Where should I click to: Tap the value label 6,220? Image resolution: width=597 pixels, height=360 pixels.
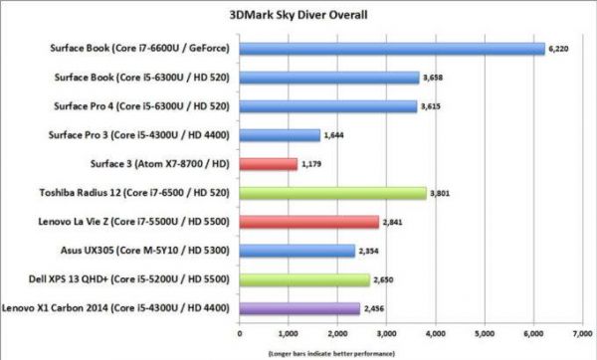tap(559, 48)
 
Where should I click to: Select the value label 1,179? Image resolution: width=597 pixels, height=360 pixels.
tap(312, 164)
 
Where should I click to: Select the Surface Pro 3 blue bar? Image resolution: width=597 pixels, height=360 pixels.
tap(280, 135)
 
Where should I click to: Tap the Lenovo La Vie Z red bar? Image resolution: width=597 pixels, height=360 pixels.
tap(308, 222)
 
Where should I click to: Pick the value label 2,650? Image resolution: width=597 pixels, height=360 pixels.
tap(385, 280)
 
